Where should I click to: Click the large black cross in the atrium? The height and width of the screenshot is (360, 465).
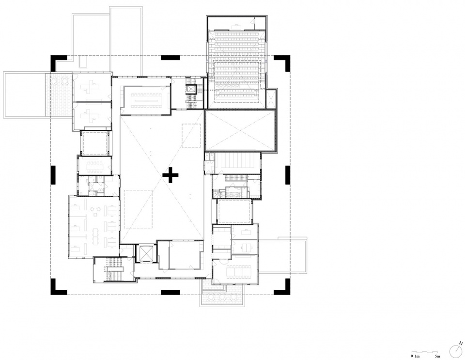coord(170,174)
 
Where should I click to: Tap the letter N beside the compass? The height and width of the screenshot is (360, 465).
coord(460,343)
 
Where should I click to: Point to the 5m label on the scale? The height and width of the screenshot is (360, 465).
coord(438,356)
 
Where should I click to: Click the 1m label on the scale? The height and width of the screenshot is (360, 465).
coord(417,356)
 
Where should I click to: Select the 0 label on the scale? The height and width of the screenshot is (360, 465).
coord(412,356)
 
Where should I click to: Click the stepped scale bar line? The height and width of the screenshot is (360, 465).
coord(425,352)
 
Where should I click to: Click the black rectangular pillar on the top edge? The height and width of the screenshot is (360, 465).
coord(170,58)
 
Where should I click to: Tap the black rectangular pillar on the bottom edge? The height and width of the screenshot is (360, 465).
coord(170,292)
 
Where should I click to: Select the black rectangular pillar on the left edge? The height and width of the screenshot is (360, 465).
coord(53,174)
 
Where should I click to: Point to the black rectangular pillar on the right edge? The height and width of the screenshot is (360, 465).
coord(288,174)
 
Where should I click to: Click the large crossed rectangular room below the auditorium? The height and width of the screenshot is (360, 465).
coord(240,130)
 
